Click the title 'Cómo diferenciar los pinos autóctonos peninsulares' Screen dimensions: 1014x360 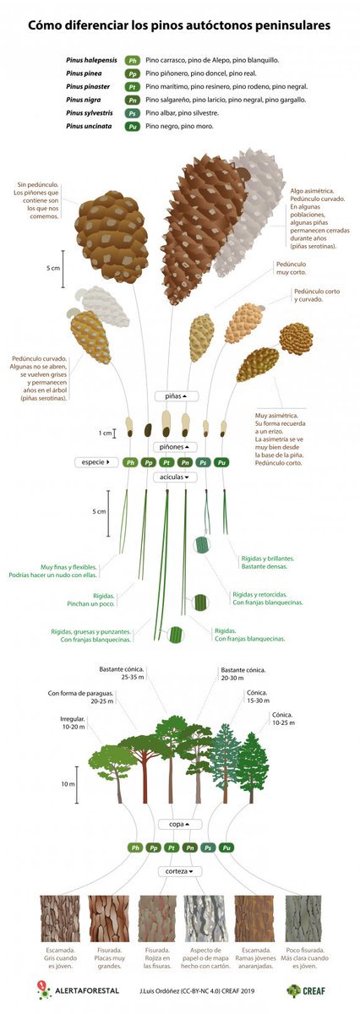[x=179, y=26]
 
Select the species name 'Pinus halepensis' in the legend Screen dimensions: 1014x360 [x=92, y=61]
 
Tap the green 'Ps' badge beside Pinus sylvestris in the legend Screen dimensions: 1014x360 [x=133, y=112]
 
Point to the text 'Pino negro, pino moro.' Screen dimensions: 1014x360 [x=179, y=126]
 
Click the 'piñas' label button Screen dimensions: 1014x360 [x=177, y=395]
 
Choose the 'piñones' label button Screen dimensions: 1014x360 [x=176, y=446]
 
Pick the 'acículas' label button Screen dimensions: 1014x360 [x=176, y=477]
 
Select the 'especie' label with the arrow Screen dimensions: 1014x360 [x=95, y=462]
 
